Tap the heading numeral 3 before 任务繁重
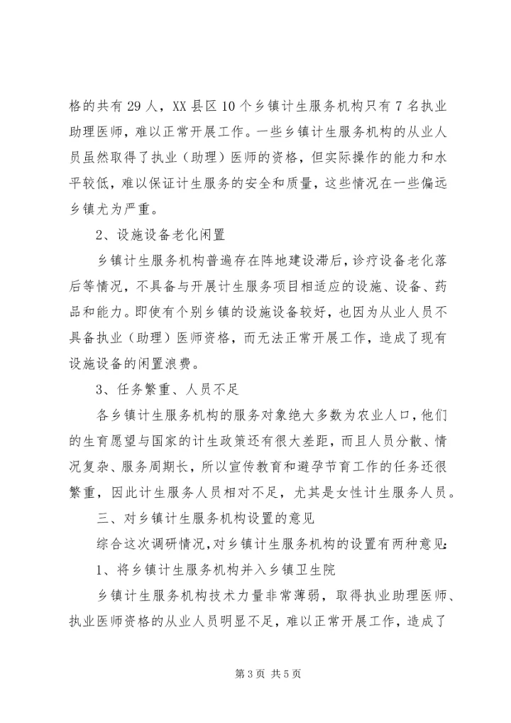[99, 386]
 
